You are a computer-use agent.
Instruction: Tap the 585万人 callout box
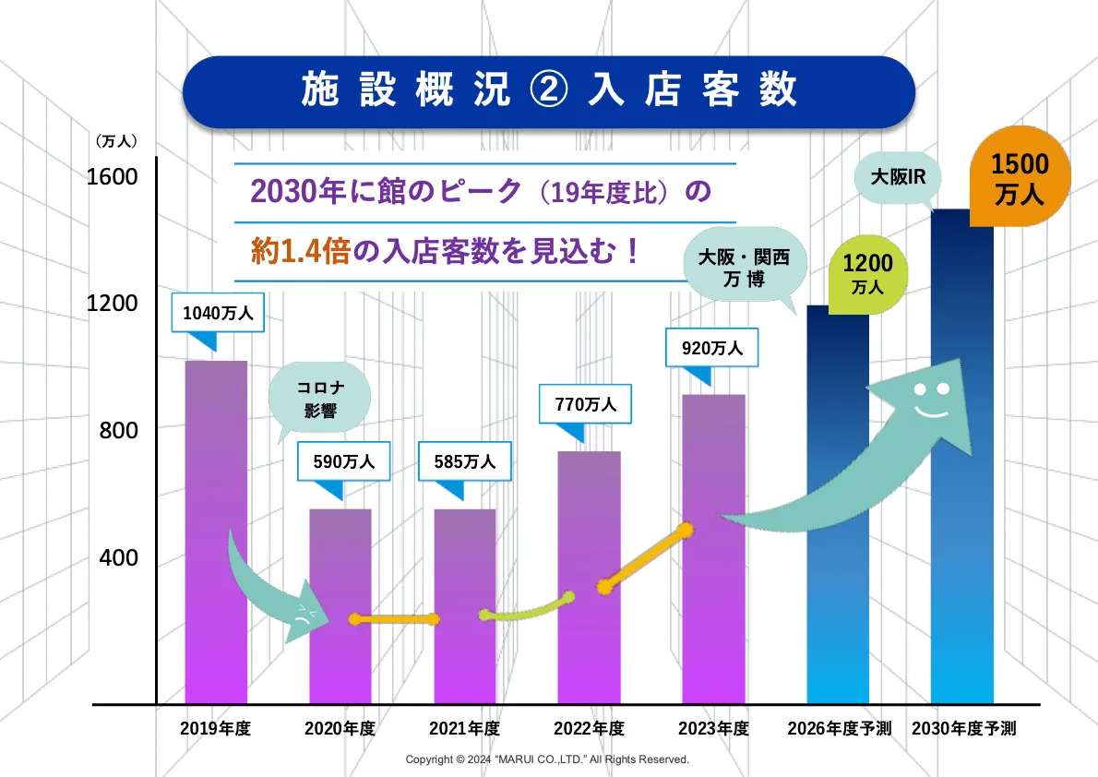465,461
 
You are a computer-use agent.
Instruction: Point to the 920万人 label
711,349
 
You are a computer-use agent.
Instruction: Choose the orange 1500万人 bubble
1020,179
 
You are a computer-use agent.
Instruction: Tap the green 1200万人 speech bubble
867,272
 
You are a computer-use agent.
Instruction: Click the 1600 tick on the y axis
112,176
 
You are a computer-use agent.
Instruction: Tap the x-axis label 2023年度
713,728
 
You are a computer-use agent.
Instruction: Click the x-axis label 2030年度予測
963,728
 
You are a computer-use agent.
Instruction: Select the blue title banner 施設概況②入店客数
548,90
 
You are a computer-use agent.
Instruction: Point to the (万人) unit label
116,141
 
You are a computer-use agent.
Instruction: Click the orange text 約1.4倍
300,250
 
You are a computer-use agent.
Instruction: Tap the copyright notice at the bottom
548,759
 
